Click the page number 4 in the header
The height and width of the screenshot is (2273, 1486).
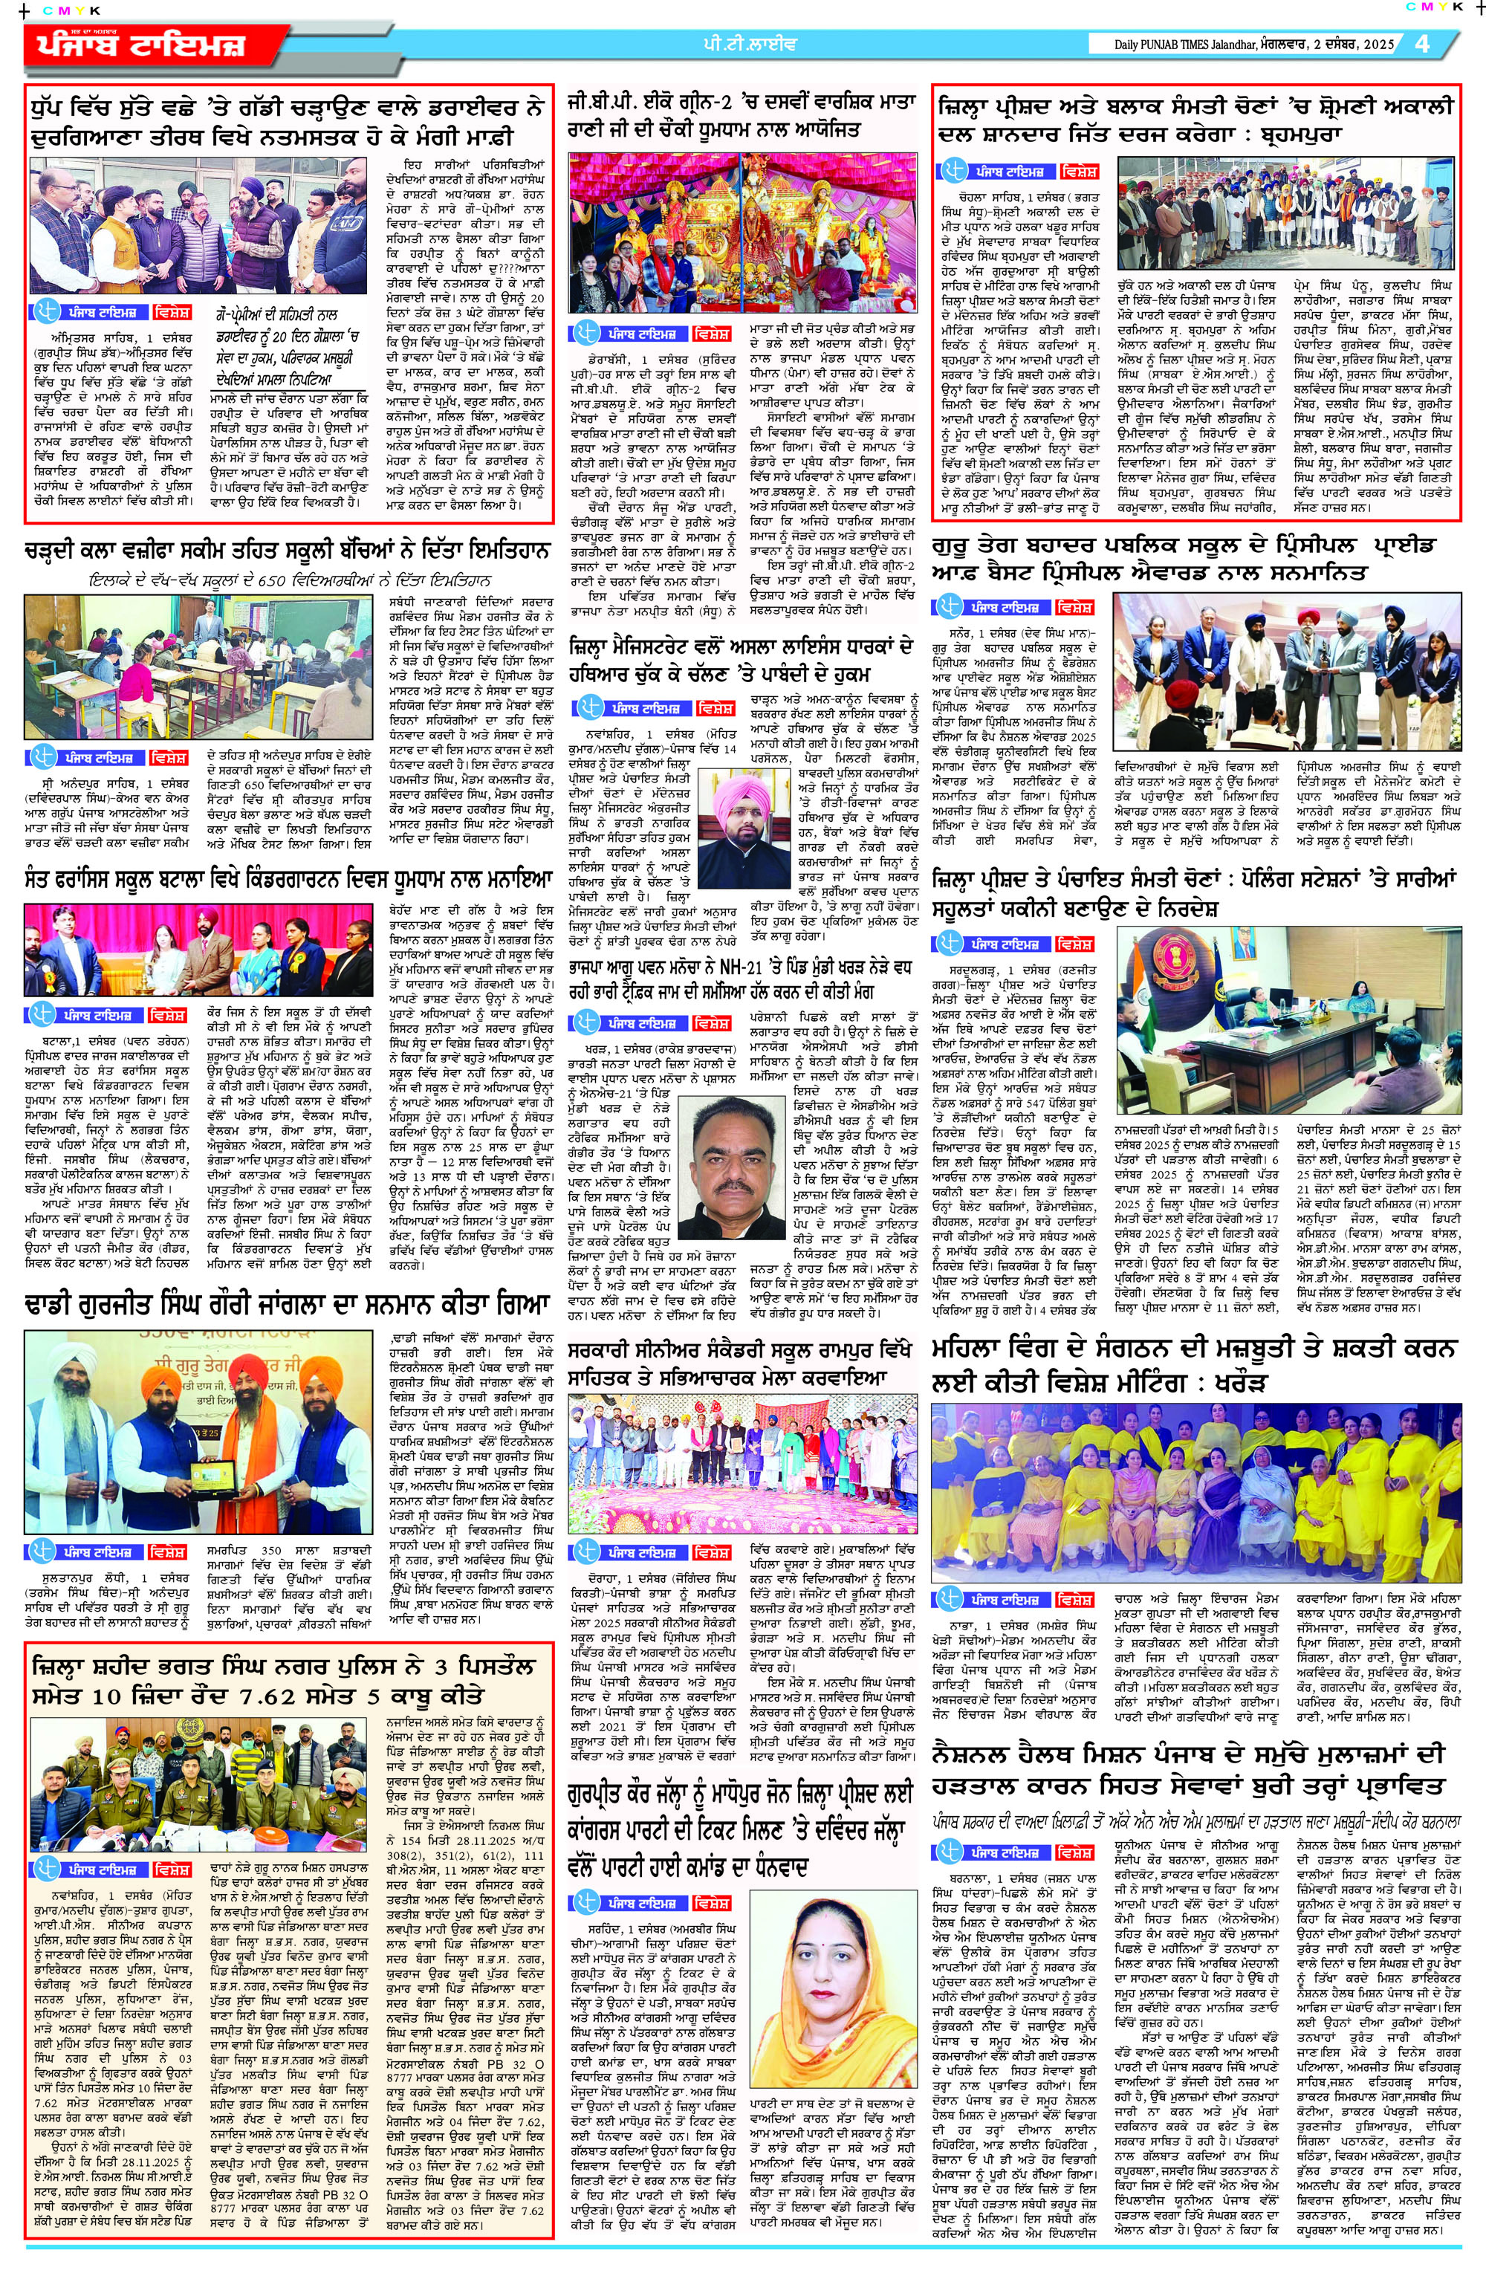point(1422,45)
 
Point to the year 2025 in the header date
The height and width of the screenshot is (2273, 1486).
point(1376,45)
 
